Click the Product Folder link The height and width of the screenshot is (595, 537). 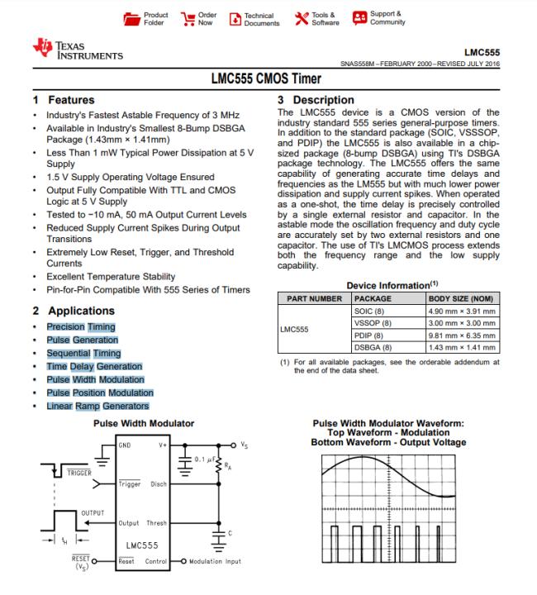[149, 18]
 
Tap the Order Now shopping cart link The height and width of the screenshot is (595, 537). [198, 18]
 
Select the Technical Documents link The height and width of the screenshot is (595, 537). [253, 18]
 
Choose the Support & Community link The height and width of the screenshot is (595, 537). [379, 17]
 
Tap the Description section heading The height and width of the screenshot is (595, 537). [322, 100]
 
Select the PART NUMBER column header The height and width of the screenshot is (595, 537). [314, 297]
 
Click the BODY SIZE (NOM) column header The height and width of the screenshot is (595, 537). [462, 297]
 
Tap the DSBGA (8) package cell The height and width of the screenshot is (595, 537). [373, 347]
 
